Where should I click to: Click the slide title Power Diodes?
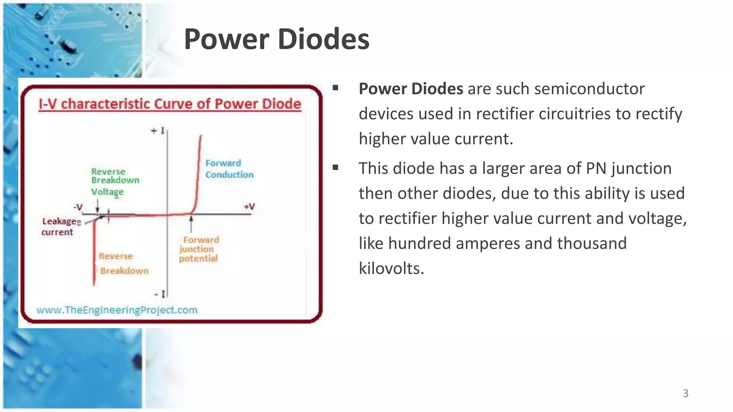click(x=276, y=39)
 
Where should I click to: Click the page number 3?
click(x=685, y=393)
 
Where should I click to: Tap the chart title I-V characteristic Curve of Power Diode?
click(x=170, y=104)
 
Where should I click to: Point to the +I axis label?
click(x=158, y=131)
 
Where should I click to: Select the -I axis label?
click(x=160, y=294)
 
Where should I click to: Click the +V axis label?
click(x=249, y=207)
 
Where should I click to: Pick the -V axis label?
click(x=78, y=207)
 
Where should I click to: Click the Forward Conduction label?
click(x=229, y=169)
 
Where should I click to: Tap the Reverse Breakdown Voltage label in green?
click(x=115, y=181)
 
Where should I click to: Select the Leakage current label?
click(x=59, y=227)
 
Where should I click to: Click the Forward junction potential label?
click(x=199, y=249)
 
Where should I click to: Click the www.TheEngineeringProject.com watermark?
click(x=117, y=310)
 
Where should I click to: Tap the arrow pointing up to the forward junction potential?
click(x=191, y=224)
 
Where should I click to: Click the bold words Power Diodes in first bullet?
click(x=411, y=89)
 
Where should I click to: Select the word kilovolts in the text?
click(x=391, y=268)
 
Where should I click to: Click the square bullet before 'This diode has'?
click(x=335, y=167)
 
